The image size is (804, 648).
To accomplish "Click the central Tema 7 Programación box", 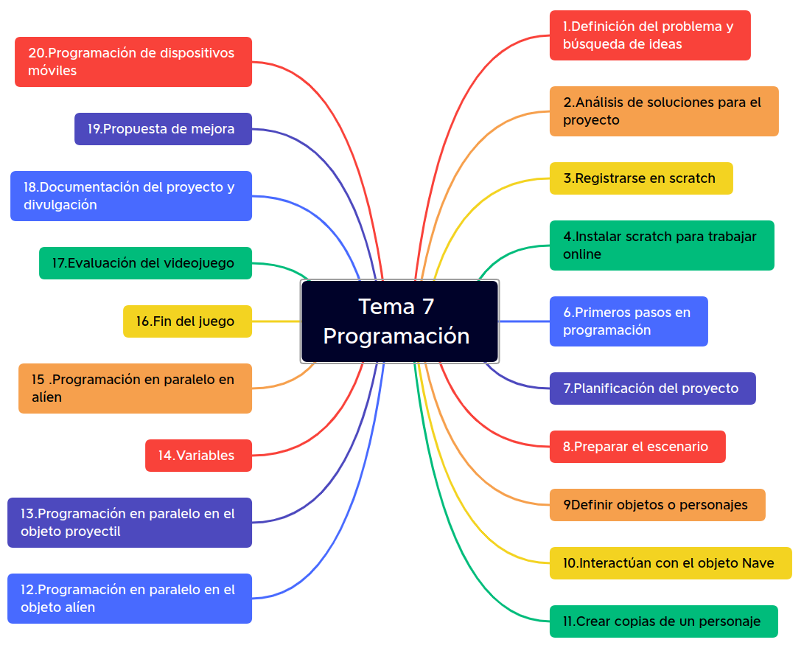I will click(399, 321).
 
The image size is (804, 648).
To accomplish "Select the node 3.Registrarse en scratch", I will click(641, 178).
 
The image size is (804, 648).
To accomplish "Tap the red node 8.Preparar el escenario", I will click(637, 447).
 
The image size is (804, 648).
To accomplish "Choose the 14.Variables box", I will click(199, 456).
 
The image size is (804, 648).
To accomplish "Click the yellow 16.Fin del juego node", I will click(187, 321).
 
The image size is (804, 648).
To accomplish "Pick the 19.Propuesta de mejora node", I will click(163, 129).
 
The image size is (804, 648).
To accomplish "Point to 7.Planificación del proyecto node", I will click(652, 389).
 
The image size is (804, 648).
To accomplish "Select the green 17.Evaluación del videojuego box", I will click(145, 263).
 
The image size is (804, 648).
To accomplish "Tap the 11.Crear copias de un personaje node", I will click(663, 621).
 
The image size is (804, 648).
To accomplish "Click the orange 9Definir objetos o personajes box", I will click(657, 505).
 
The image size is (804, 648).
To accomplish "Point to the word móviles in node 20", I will click(52, 72).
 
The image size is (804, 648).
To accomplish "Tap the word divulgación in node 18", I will click(60, 205).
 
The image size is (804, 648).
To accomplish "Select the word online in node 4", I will click(582, 254).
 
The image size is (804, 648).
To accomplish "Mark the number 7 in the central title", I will click(427, 307).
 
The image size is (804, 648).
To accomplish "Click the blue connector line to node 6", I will click(524, 321).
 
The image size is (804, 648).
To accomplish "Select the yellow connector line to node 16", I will click(276, 321).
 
